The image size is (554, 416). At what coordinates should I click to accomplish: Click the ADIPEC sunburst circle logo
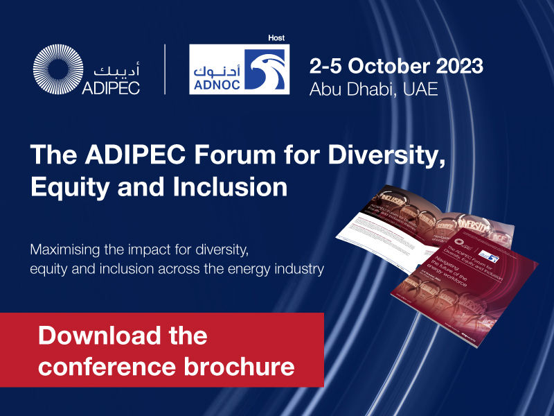[x=58, y=69]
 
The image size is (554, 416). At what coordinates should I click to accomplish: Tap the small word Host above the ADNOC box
[x=276, y=37]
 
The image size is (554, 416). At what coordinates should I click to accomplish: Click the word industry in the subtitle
[x=298, y=269]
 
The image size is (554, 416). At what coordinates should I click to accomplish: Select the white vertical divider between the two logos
[x=165, y=69]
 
